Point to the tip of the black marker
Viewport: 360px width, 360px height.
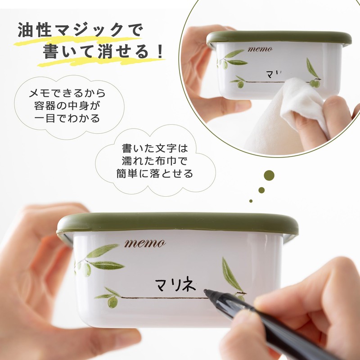(206, 292)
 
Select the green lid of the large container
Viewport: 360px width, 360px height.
(177, 223)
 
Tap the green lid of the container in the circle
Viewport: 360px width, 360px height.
(279, 38)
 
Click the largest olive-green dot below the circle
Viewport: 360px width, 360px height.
(269, 175)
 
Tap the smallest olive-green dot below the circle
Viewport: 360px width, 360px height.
(251, 201)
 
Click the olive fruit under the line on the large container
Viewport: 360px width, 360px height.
(112, 302)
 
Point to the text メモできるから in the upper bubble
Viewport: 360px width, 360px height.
(67, 94)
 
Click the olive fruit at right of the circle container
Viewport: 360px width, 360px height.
(315, 83)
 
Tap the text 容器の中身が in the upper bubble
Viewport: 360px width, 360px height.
(67, 107)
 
